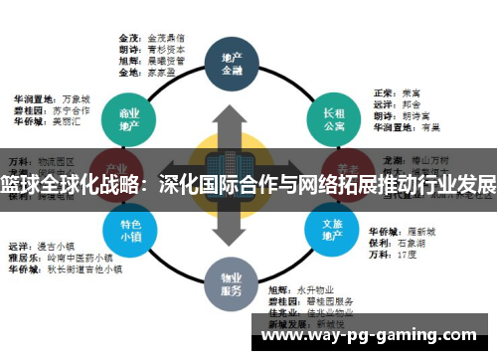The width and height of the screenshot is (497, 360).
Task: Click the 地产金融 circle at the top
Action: point(231,63)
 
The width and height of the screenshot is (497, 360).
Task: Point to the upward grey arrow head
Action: point(231,113)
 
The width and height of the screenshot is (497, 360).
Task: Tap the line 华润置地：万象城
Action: point(51,99)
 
